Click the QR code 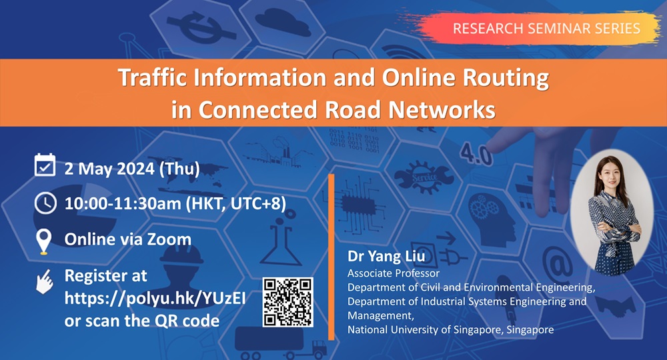tap(288, 302)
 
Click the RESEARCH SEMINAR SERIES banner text tap(546, 29)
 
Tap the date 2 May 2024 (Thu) tap(131, 167)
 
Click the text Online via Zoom tap(127, 239)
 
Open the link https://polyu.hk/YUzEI tap(155, 297)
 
